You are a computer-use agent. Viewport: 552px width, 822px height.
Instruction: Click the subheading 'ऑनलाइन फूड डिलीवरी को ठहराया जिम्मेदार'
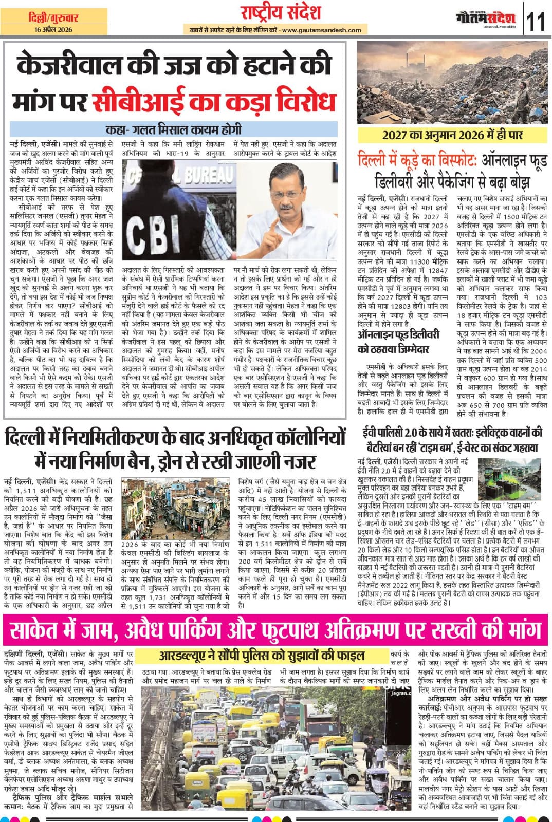pos(399,342)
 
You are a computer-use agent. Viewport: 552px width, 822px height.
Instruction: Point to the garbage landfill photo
pos(452,82)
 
